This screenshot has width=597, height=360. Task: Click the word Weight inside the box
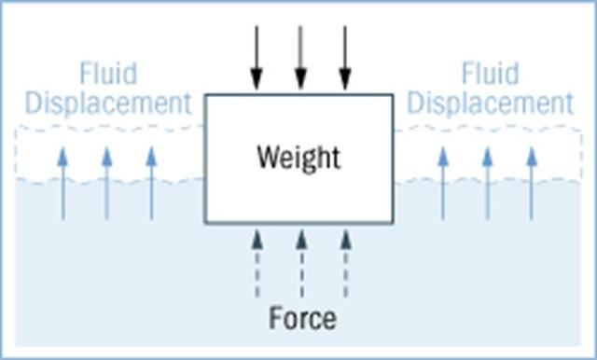click(298, 157)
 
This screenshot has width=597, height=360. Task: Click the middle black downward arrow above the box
click(299, 58)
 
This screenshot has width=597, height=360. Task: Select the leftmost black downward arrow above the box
click(255, 58)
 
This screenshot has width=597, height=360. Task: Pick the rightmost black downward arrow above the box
click(345, 58)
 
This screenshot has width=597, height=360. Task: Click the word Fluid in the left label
click(107, 74)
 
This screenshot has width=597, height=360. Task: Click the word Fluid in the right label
click(491, 74)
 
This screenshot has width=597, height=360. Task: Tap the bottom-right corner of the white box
click(394, 223)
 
